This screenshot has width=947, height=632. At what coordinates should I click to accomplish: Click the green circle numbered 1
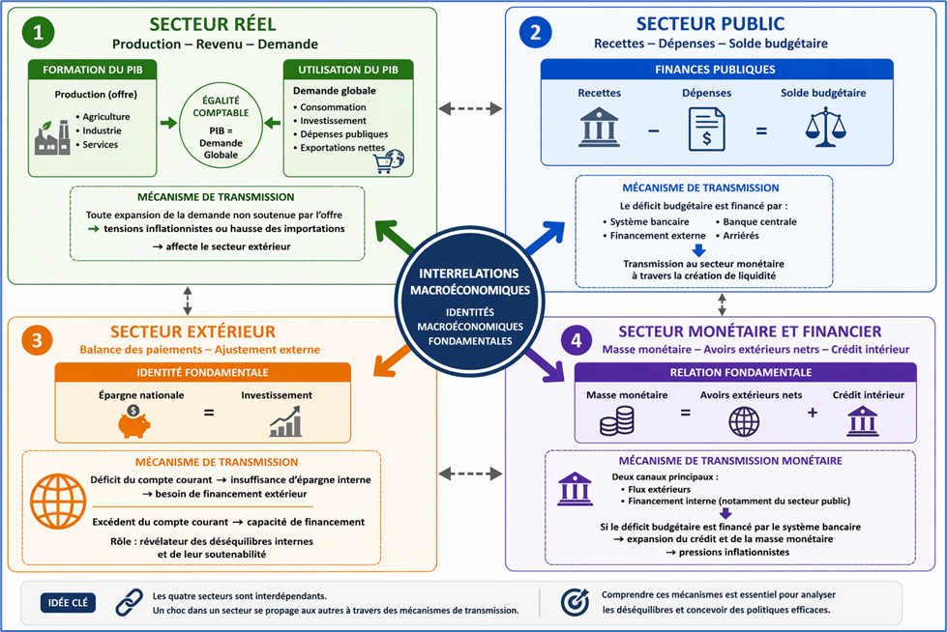pyautogui.click(x=38, y=33)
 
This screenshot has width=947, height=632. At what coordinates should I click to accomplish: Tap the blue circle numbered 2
pyautogui.click(x=535, y=33)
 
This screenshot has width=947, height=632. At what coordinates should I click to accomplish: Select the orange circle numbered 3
pyautogui.click(x=36, y=340)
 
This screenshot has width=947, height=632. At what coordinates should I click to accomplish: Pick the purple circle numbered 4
pyautogui.click(x=577, y=340)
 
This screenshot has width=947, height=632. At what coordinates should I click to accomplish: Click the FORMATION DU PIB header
pyautogui.click(x=88, y=71)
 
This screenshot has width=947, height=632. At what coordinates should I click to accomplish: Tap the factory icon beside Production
pyautogui.click(x=52, y=136)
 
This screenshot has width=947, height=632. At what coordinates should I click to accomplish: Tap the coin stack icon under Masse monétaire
pyautogui.click(x=617, y=420)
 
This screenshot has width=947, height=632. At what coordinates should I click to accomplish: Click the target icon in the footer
pyautogui.click(x=575, y=602)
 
